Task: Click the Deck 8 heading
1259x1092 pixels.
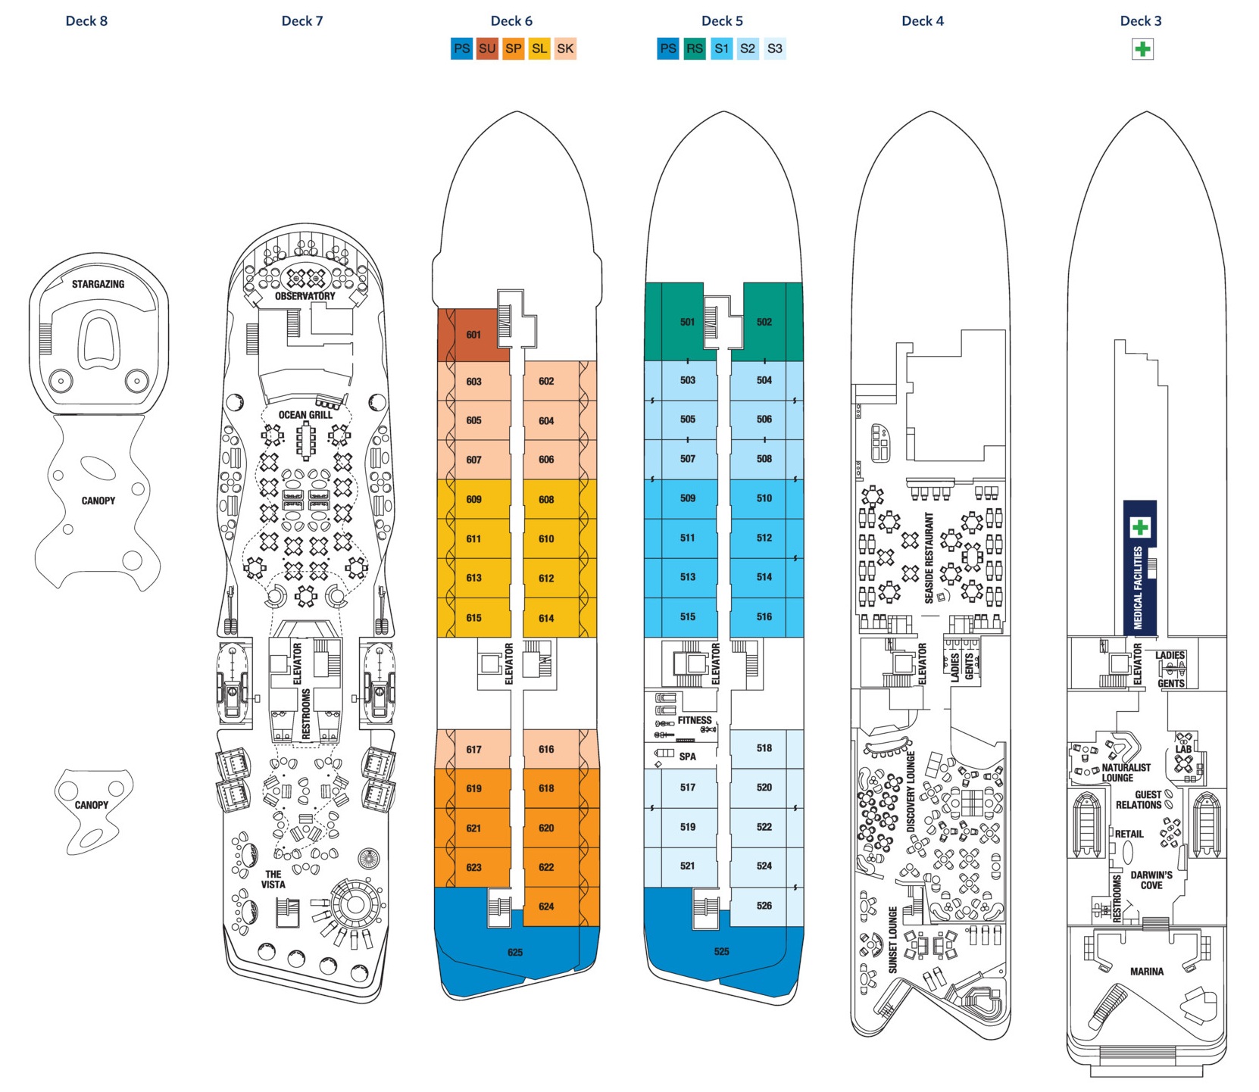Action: point(86,21)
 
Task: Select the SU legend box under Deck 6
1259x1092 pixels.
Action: point(487,49)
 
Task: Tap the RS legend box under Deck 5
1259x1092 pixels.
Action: point(694,49)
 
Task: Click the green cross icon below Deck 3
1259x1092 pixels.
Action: point(1142,50)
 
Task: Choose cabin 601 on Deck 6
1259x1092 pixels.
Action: point(473,335)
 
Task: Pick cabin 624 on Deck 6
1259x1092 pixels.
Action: point(546,906)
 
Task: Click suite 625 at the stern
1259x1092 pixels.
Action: point(515,953)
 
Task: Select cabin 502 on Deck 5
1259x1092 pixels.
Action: point(764,322)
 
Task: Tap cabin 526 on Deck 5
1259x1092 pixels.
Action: point(764,906)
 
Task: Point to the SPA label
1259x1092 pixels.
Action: point(687,757)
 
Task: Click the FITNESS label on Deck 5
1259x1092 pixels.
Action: point(695,720)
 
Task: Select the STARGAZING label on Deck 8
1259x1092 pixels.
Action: point(98,284)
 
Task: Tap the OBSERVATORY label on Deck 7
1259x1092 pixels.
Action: point(305,296)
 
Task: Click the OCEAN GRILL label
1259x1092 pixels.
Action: point(305,415)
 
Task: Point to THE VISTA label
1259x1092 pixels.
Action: point(273,879)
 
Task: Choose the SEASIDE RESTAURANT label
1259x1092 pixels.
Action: point(929,558)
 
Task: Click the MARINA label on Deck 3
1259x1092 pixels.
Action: point(1146,972)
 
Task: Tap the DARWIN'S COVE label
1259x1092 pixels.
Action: point(1151,880)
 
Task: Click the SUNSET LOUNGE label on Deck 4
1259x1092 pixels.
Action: point(893,940)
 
